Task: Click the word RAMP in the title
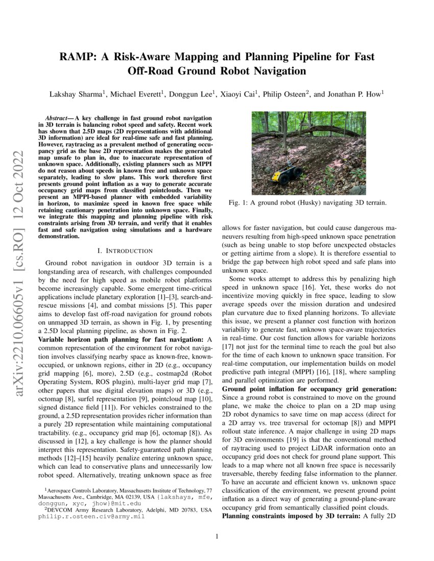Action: coord(77,57)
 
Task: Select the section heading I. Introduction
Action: coord(125,250)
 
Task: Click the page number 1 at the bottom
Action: coord(217,536)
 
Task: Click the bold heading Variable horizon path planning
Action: coord(95,339)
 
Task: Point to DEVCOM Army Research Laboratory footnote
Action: coord(92,509)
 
